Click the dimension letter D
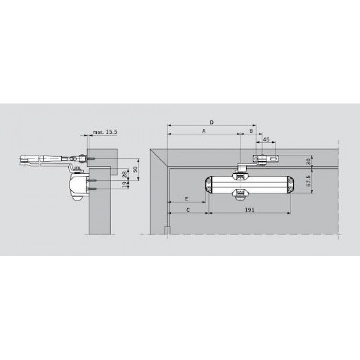211,122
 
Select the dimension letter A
204,131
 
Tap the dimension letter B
251,131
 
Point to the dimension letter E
187,198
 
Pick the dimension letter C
188,210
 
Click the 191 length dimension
250,210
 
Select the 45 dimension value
266,139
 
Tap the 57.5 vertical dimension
309,181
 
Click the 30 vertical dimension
309,161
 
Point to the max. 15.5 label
105,132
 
